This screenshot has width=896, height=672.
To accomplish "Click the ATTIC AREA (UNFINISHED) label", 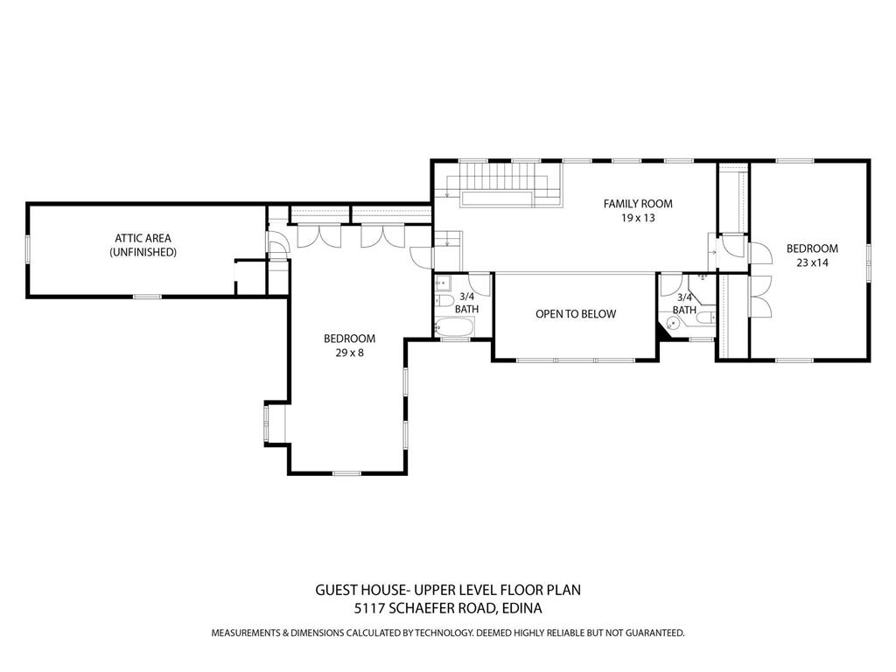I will tap(143, 244).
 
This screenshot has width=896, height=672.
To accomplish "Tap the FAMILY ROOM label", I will tap(638, 204).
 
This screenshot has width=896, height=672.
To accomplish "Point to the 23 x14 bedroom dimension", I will tap(811, 262).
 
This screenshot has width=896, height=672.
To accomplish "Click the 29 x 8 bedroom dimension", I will tap(349, 353).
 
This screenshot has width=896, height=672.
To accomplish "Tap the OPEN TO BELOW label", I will tap(576, 314).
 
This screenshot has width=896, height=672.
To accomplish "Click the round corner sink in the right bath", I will tap(671, 323).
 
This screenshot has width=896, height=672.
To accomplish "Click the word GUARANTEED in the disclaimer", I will tap(647, 633).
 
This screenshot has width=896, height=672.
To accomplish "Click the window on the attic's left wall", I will tap(28, 249).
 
